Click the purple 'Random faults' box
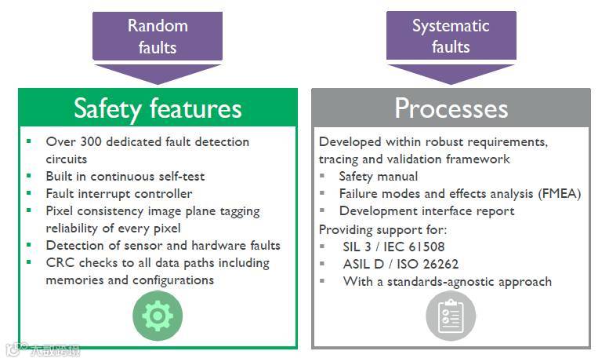pos(158,36)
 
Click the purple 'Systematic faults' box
pos(451,36)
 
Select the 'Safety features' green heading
pos(158,108)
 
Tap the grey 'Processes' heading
pos(451,108)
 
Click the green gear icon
pos(158,315)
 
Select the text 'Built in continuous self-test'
pos(125,176)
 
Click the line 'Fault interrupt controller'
pos(119,193)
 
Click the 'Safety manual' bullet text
pos(379,177)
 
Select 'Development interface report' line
pos(426,211)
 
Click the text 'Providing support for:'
pos(382,229)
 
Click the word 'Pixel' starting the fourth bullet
pos(62,211)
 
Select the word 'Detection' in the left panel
pos(74,246)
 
